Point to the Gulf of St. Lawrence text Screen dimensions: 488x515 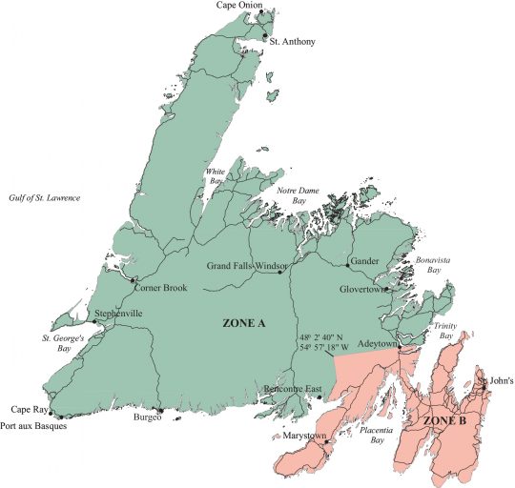click(x=45, y=197)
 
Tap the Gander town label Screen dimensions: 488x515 click(x=365, y=260)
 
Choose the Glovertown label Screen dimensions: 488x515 click(x=361, y=289)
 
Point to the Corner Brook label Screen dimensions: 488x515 click(x=160, y=288)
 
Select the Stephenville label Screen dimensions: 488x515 click(x=118, y=313)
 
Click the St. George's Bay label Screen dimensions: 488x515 click(x=63, y=342)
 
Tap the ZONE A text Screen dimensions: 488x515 click(x=243, y=323)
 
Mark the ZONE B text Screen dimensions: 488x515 click(x=445, y=419)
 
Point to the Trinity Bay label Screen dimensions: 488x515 click(x=445, y=331)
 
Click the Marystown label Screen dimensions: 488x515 click(x=304, y=436)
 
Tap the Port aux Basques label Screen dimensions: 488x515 click(x=32, y=425)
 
